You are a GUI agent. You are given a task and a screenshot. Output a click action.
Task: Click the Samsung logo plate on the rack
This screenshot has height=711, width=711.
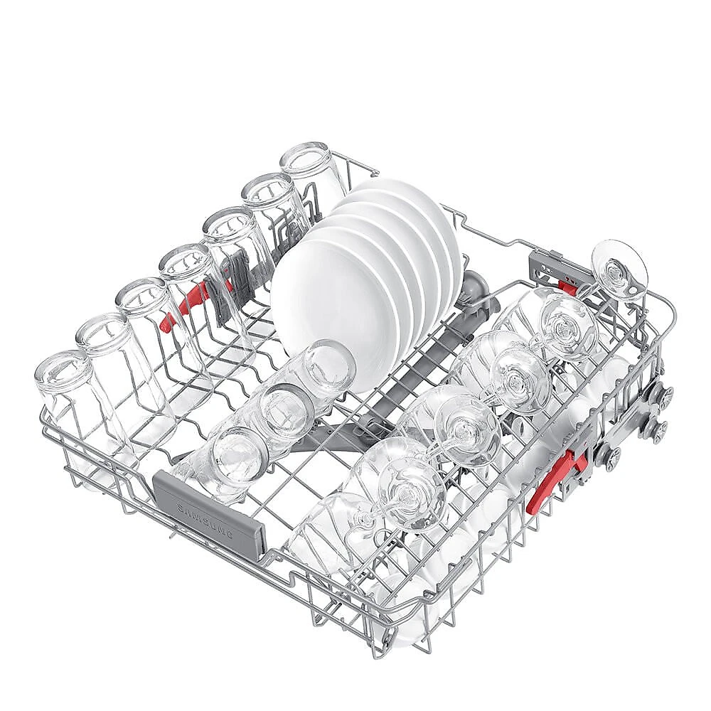pos(208,510)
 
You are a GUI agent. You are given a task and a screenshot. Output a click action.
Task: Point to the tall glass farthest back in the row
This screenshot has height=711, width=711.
pos(313,177)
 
